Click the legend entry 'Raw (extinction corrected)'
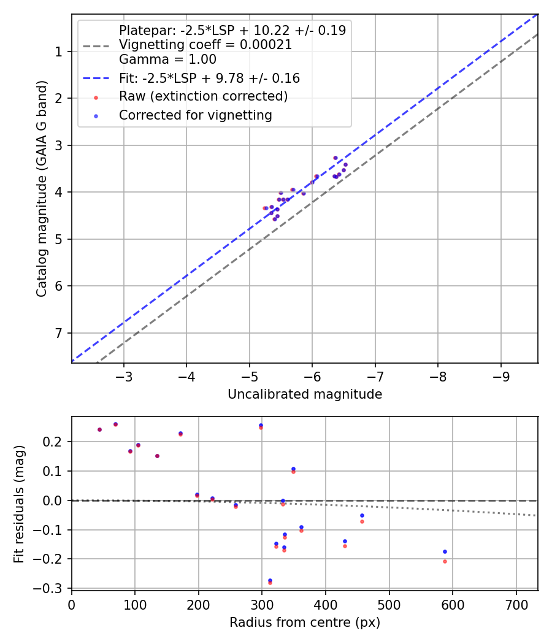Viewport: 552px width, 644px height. (x=203, y=96)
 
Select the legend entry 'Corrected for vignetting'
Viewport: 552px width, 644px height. (x=195, y=115)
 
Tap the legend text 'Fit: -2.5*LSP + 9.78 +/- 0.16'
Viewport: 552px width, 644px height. (x=209, y=79)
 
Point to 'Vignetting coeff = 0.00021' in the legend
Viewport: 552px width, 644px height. (x=205, y=45)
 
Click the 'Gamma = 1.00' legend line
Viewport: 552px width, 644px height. (x=167, y=59)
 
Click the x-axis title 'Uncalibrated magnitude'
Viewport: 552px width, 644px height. (x=305, y=394)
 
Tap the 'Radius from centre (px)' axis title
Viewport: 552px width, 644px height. (x=305, y=623)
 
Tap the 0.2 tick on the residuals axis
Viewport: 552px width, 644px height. (x=55, y=442)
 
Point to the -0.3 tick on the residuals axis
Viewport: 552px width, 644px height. (x=52, y=588)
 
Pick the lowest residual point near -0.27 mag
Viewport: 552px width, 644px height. (x=270, y=580)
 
